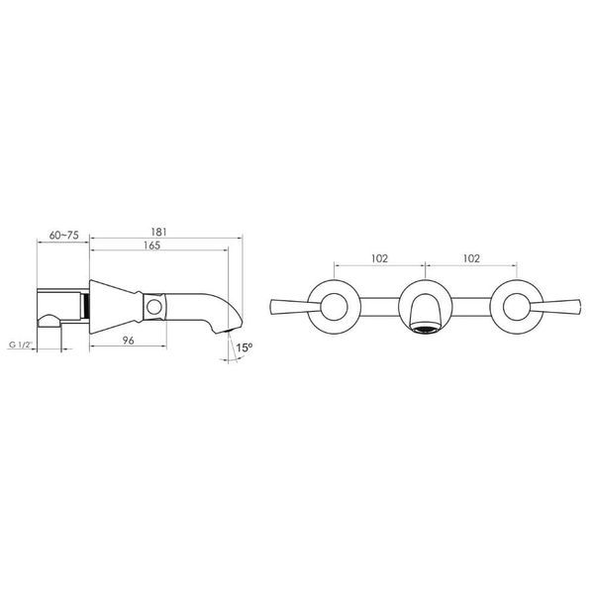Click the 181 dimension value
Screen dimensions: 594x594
(158, 232)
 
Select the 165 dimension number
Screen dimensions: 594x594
(151, 246)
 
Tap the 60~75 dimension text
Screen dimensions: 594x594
(64, 236)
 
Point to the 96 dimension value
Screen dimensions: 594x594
(129, 341)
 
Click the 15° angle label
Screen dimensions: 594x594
(245, 347)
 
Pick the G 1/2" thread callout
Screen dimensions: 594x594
(21, 346)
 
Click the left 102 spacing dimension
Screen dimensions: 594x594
(379, 258)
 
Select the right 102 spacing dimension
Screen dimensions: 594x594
(471, 258)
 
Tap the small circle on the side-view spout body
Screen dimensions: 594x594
(154, 307)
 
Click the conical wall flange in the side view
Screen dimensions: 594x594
(116, 307)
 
